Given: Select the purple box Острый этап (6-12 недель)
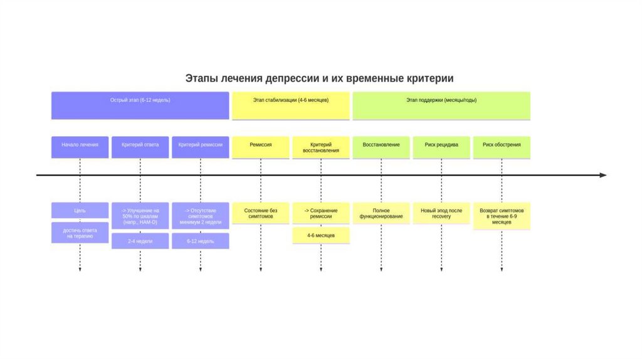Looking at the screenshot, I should tap(140, 105).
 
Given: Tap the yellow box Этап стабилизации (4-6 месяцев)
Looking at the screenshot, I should tap(291, 105).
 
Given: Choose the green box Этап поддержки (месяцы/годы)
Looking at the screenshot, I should tap(441, 105).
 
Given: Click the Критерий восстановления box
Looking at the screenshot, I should tap(320, 147).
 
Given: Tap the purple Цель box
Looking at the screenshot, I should tap(80, 211).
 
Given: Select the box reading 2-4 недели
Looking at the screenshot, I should tap(140, 241).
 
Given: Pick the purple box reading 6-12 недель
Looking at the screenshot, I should tap(200, 241).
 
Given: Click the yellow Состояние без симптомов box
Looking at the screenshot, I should tap(261, 213).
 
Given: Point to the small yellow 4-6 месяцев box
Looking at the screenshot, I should tap(320, 236).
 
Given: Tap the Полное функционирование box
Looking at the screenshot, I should tap(381, 213).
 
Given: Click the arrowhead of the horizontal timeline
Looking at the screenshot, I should tap(603, 175).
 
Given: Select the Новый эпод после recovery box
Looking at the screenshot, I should tap(441, 213).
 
